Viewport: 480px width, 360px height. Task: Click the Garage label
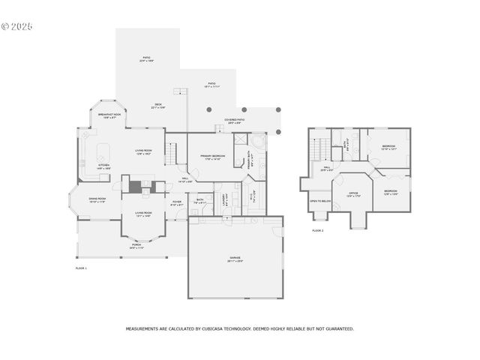[235, 259]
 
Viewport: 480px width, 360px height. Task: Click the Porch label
[136, 246]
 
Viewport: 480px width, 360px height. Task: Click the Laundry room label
[226, 198]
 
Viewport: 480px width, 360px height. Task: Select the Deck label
[158, 106]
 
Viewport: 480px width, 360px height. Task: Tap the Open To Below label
[320, 201]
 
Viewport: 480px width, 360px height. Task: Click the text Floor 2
[318, 230]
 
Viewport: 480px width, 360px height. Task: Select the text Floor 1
[81, 268]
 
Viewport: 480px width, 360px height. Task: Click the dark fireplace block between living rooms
[136, 187]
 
